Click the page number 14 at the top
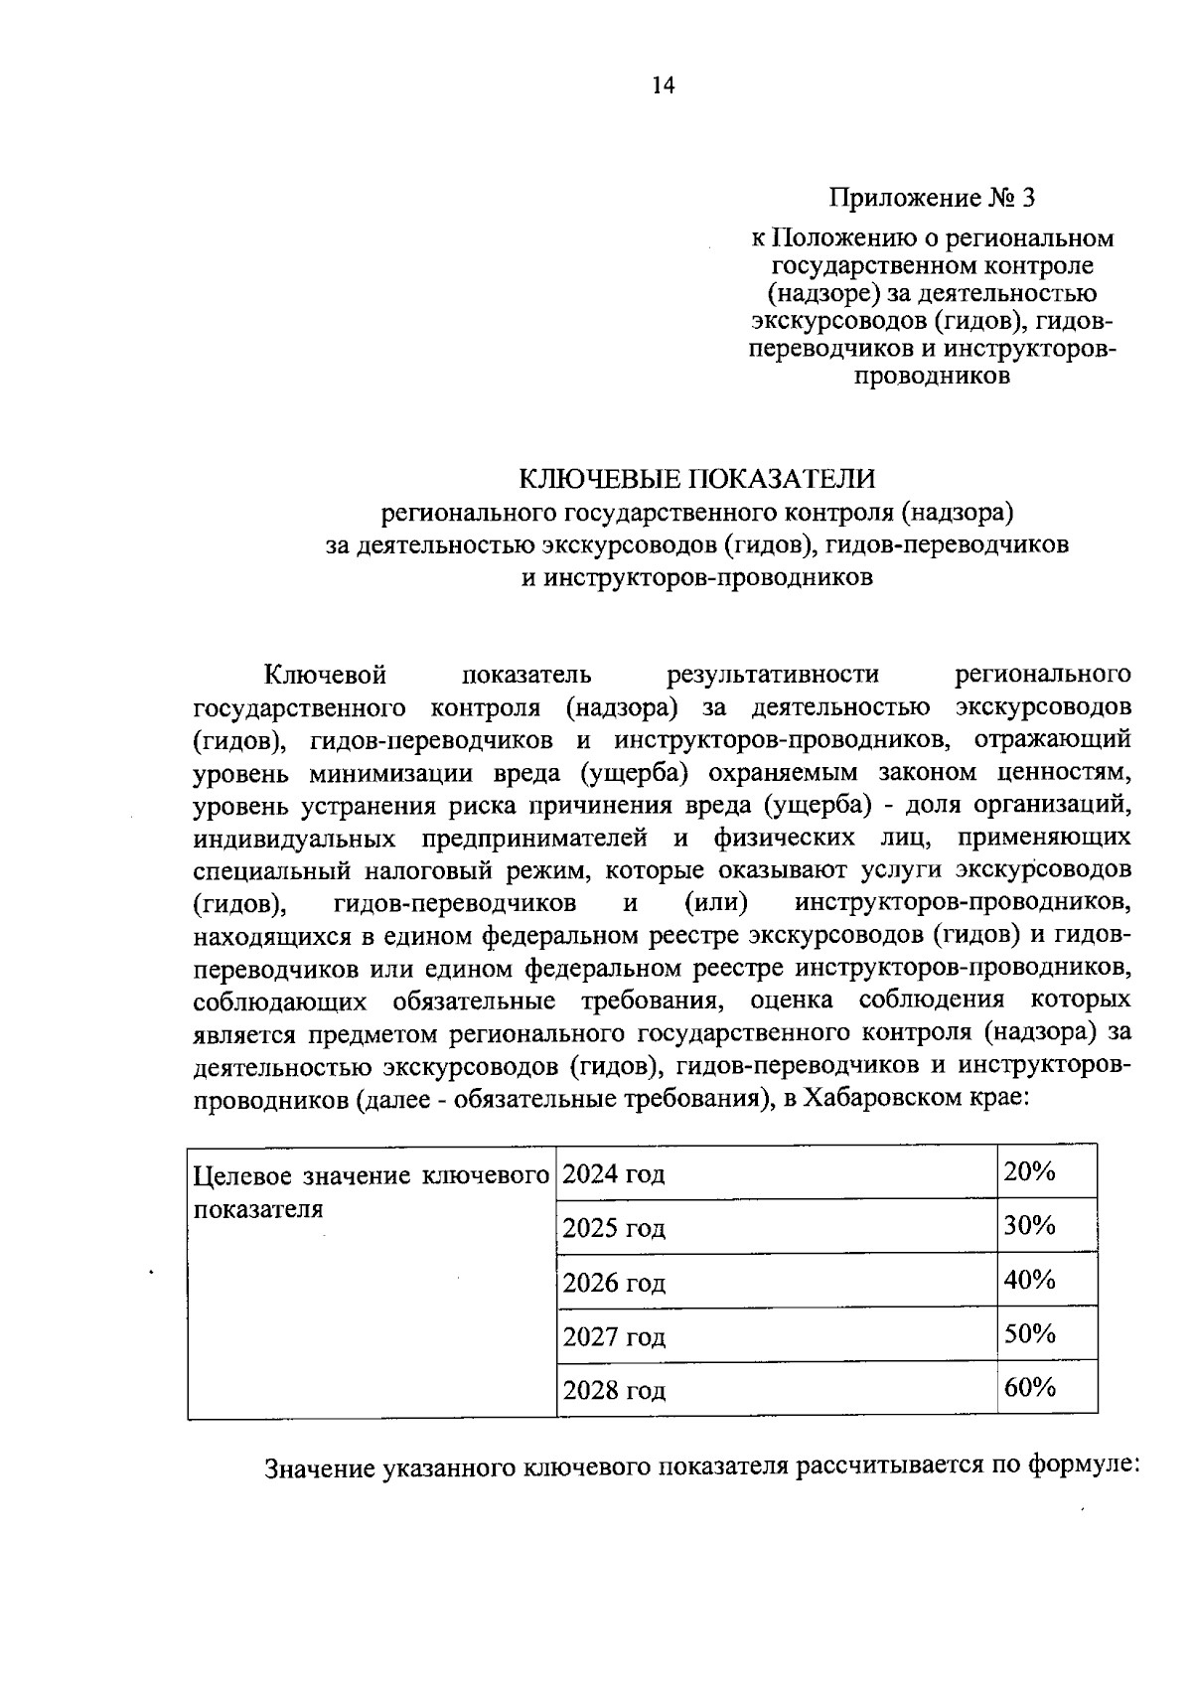pos(663,86)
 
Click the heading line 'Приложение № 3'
pos(933,198)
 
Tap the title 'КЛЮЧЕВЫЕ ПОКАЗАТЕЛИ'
pos(698,479)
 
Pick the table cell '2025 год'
pos(614,1229)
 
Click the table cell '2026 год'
pos(614,1284)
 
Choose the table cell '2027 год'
pos(614,1337)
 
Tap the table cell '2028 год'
pos(614,1391)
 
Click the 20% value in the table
pos(1029,1171)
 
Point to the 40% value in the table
pos(1029,1280)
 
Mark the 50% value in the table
pos(1029,1333)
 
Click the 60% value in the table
pos(1029,1387)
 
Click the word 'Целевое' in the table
pos(243,1176)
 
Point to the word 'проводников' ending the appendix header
pos(932,376)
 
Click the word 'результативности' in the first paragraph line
pos(773,675)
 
